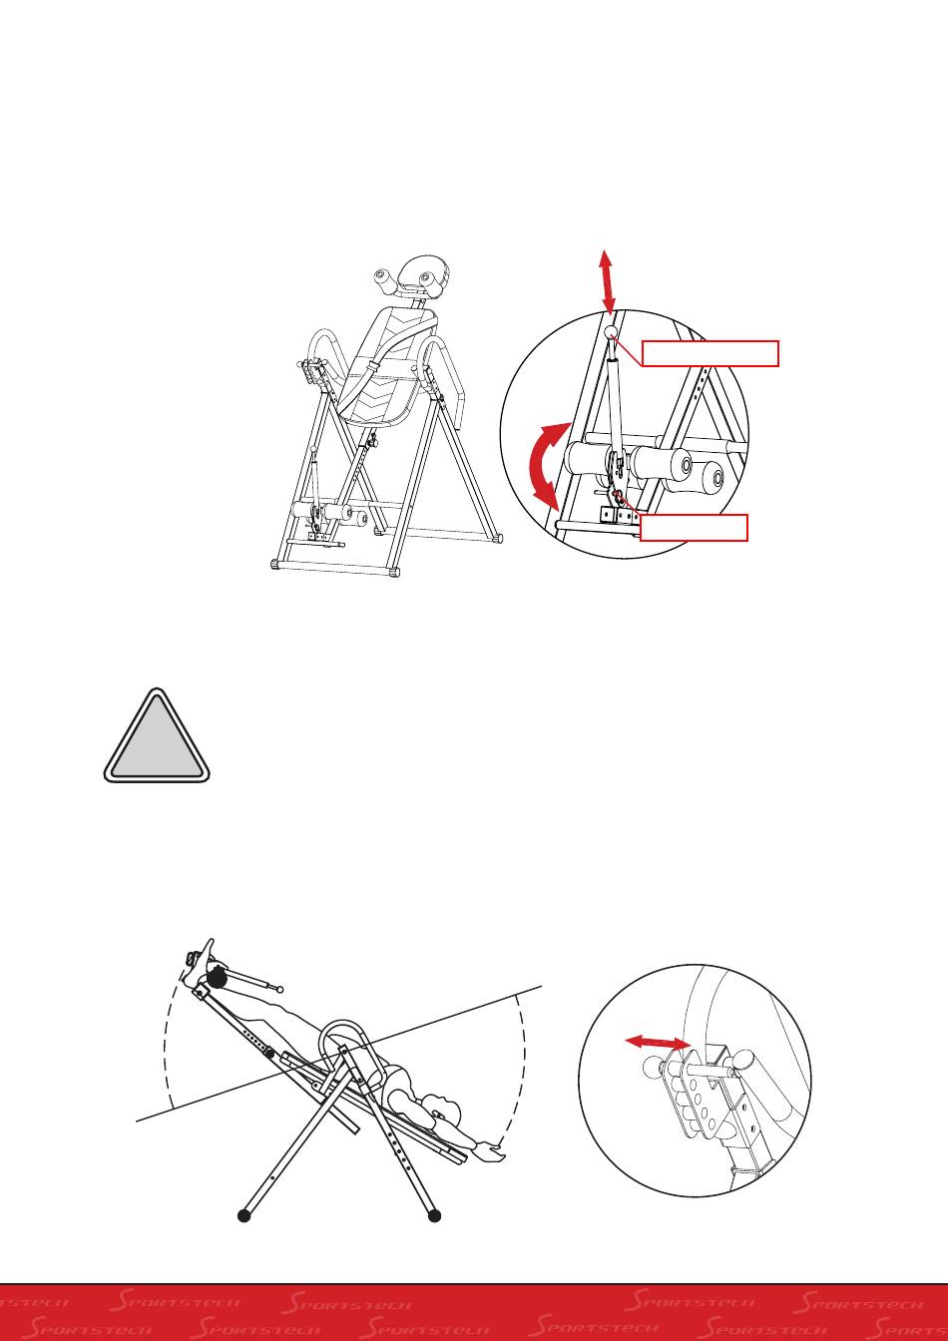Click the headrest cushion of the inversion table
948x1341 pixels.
423,276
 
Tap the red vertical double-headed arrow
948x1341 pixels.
607,282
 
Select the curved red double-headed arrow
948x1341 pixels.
546,464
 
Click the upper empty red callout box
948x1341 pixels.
710,353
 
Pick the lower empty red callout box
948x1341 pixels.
694,528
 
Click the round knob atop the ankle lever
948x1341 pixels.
610,332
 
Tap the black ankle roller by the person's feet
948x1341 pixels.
217,978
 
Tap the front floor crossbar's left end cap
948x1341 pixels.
274,564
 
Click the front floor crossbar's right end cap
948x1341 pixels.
393,573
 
